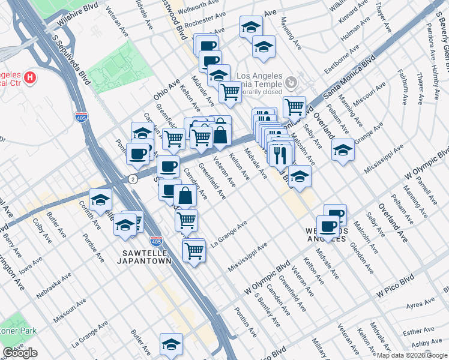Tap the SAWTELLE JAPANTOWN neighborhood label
(145, 257)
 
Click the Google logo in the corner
(20, 353)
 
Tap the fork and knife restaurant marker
(280, 154)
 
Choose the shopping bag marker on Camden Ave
(185, 196)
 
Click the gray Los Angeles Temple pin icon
(291, 81)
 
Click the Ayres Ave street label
(420, 307)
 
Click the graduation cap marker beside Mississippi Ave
(343, 150)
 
